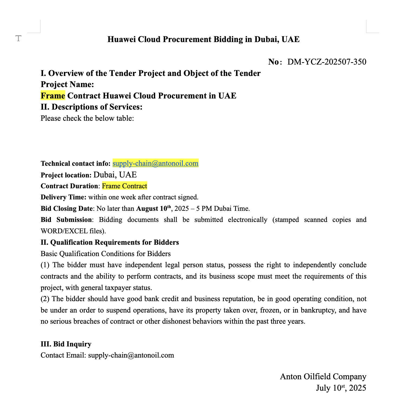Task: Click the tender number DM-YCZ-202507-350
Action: click(327, 62)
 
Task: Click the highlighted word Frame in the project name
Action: click(53, 96)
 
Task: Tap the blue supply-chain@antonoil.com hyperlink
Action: click(155, 163)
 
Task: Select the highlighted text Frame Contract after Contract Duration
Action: click(124, 186)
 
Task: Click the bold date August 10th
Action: click(154, 209)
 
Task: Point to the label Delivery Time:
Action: click(63, 197)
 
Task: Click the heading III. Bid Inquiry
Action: click(66, 344)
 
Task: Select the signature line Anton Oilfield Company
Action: click(323, 377)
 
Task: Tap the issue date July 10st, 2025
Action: click(341, 388)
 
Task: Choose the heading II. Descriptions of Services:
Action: click(92, 107)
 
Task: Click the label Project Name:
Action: click(67, 85)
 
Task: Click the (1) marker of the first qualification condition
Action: click(45, 265)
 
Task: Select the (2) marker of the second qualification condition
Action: click(45, 299)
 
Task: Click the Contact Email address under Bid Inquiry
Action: click(131, 355)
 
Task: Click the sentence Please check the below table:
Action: click(87, 118)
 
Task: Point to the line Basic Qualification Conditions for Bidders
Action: click(106, 254)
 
